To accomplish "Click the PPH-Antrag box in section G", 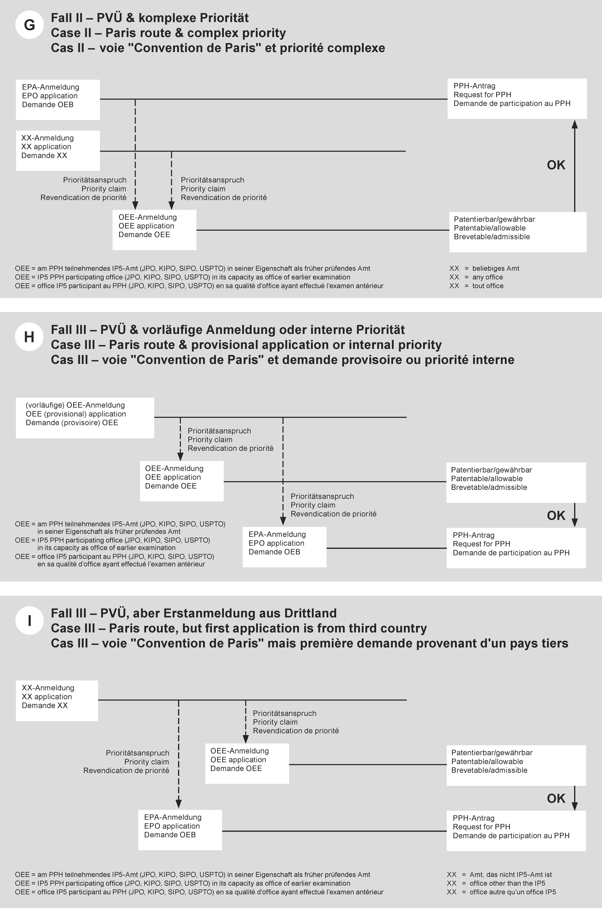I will [517, 98].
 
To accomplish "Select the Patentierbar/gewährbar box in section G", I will [517, 232].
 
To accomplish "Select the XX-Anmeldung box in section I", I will [57, 700].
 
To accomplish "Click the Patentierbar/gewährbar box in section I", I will [516, 765].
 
